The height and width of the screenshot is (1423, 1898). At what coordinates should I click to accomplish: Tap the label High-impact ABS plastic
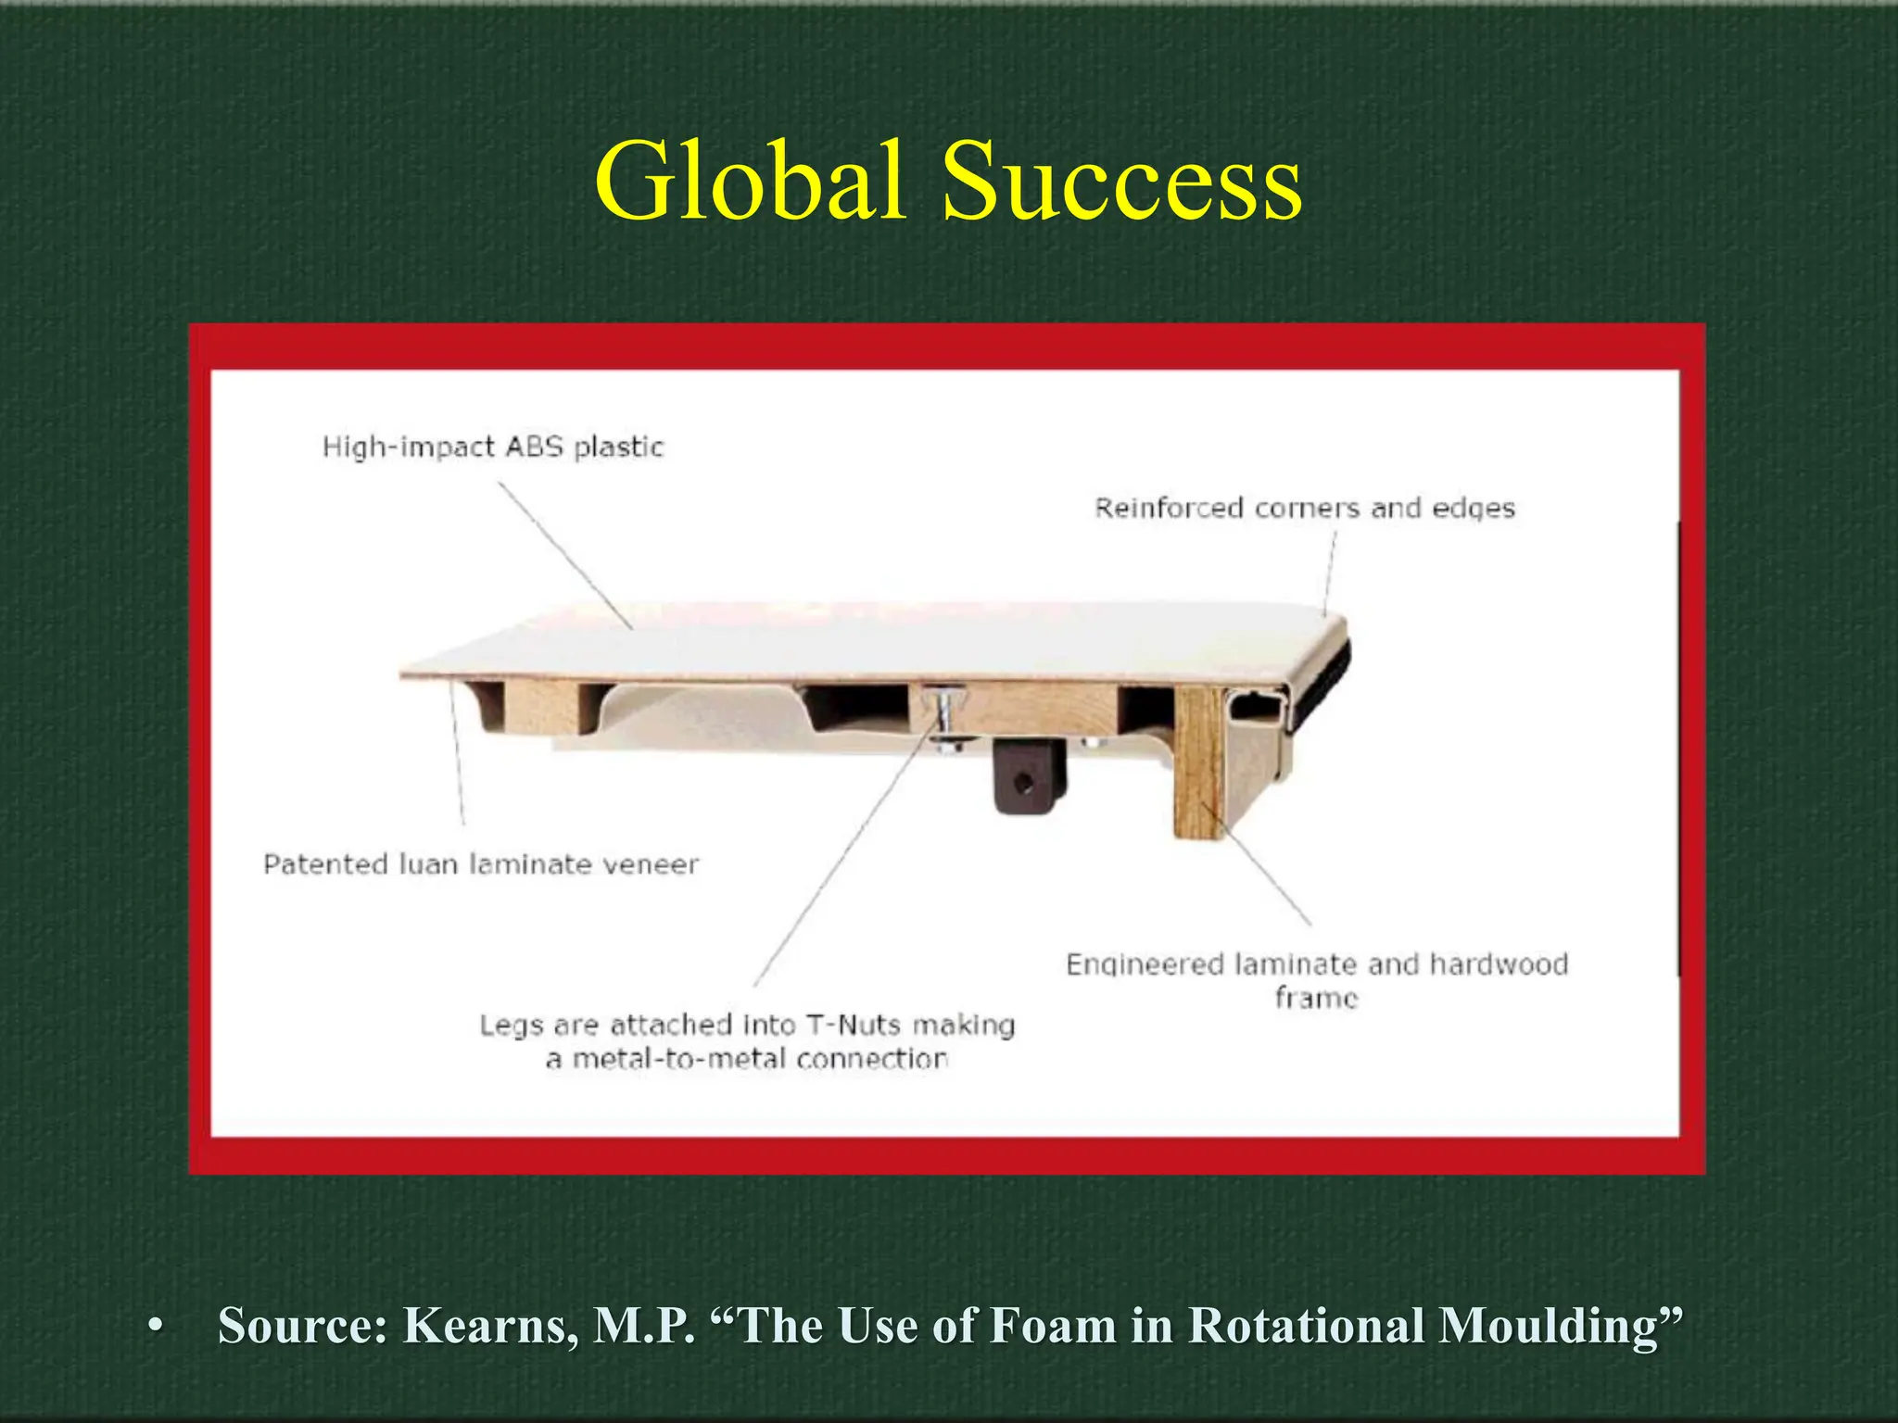pyautogui.click(x=493, y=447)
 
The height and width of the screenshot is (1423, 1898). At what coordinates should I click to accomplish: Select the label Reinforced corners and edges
pyautogui.click(x=1304, y=509)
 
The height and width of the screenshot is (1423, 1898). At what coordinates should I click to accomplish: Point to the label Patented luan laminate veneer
pyautogui.click(x=480, y=864)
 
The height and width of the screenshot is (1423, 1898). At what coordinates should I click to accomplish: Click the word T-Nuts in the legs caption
pyautogui.click(x=853, y=1025)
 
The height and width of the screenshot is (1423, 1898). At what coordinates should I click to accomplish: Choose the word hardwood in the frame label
pyautogui.click(x=1499, y=964)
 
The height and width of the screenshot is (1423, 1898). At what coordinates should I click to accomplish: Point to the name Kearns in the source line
pyautogui.click(x=491, y=1325)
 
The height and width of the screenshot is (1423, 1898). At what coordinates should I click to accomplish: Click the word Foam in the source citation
pyautogui.click(x=1053, y=1325)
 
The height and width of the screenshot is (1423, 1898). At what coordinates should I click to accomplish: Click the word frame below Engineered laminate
pyautogui.click(x=1316, y=998)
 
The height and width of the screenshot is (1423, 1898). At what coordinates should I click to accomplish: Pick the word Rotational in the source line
pyautogui.click(x=1307, y=1325)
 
